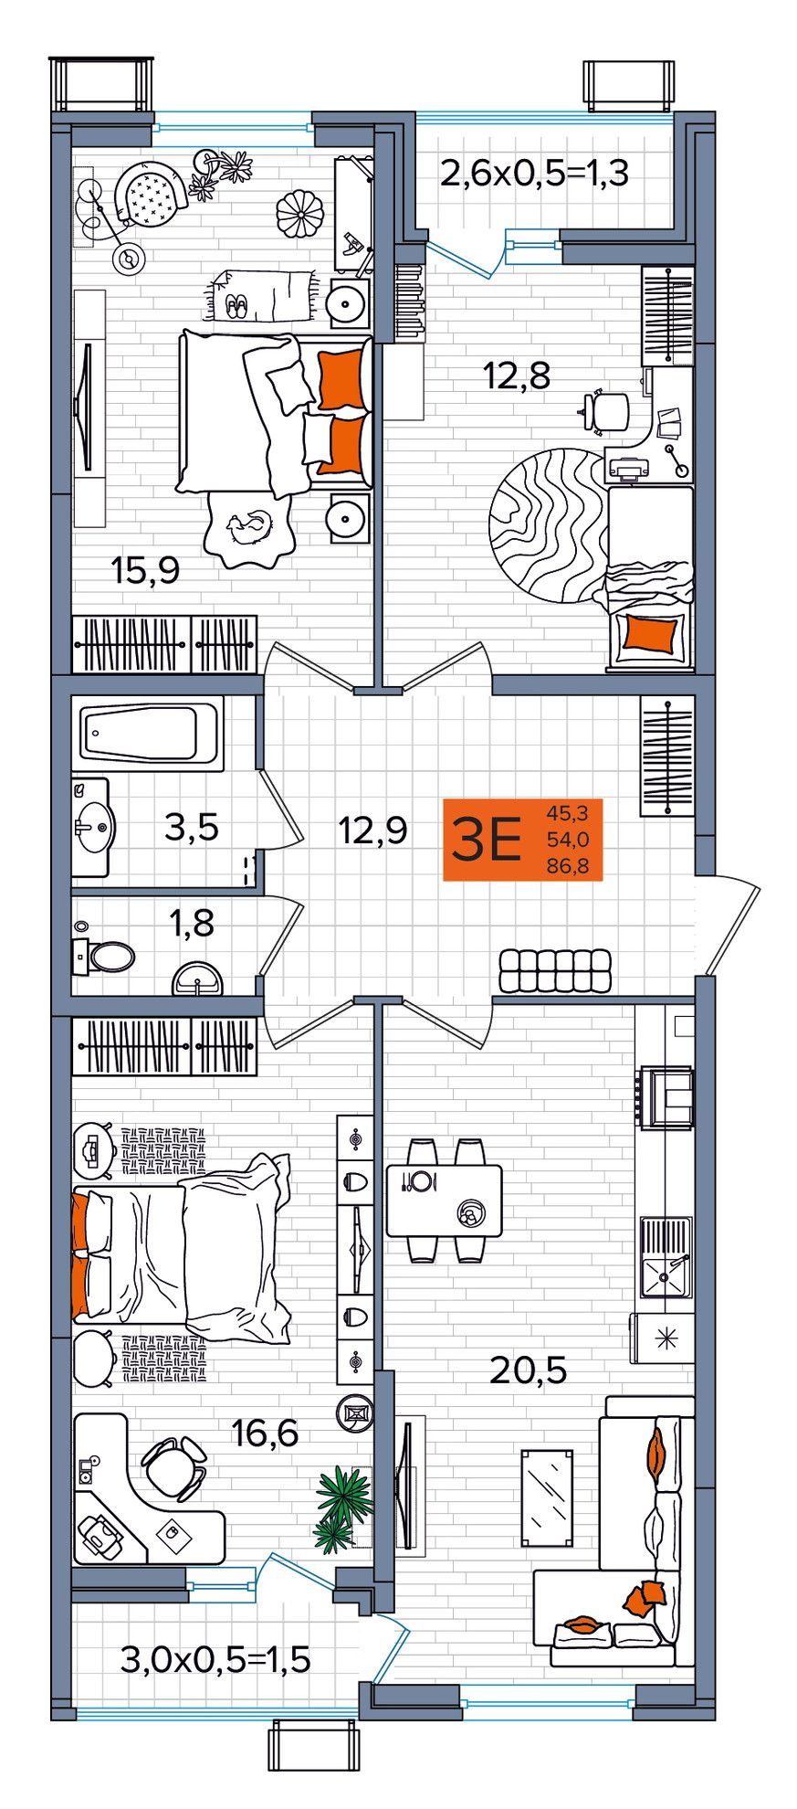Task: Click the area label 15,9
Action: click(x=145, y=571)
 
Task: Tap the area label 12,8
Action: click(x=517, y=375)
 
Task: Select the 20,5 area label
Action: click(x=529, y=1370)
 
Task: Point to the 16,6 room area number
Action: click(x=265, y=1433)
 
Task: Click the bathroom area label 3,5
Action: click(x=192, y=827)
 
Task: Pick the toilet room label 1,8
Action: click(x=193, y=923)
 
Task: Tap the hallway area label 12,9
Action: click(x=372, y=830)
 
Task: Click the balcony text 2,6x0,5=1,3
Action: click(x=535, y=172)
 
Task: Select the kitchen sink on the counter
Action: click(x=666, y=1257)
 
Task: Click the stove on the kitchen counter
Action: click(x=665, y=1097)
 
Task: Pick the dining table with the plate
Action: click(x=445, y=1201)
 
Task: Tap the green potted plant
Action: click(x=344, y=1508)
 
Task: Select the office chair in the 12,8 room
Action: click(x=607, y=409)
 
